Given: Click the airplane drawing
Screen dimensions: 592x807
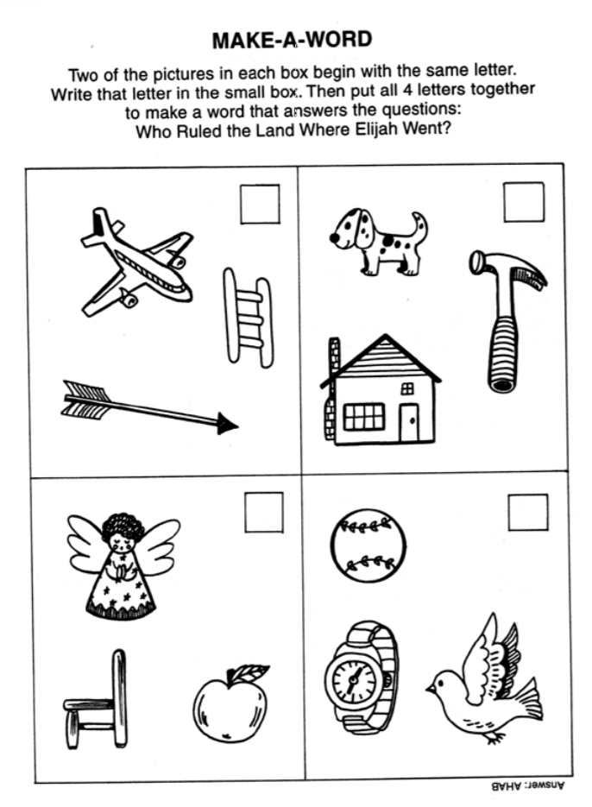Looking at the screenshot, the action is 136,262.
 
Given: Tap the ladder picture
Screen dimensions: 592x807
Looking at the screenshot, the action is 249,317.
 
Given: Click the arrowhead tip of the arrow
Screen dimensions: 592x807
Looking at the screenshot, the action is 238,426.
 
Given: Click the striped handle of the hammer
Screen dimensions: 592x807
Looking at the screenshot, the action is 503,354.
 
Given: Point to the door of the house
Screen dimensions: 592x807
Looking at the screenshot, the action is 410,423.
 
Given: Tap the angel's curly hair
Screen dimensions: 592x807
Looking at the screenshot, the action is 123,526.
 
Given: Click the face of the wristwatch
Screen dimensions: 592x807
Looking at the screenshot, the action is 353,681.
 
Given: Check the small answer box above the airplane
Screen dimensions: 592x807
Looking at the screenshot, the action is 260,204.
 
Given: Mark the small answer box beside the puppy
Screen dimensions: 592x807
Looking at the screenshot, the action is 524,202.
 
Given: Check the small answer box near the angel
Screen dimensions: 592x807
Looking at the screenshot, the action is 263,512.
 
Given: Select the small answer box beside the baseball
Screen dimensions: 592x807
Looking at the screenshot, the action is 527,512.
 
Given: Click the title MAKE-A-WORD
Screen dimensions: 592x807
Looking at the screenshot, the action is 292,40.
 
